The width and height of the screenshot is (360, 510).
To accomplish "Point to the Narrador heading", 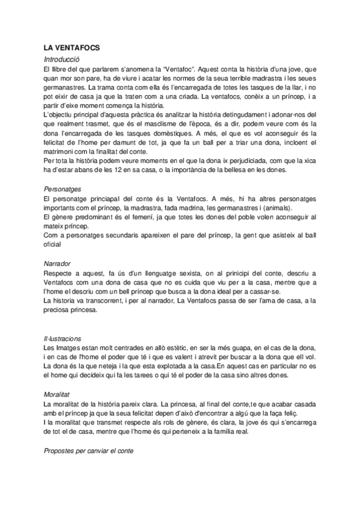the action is [x=58, y=263].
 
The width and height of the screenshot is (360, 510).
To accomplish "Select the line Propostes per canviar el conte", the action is [x=88, y=450].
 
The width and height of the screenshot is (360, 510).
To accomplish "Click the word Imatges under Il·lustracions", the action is [x=69, y=349].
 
